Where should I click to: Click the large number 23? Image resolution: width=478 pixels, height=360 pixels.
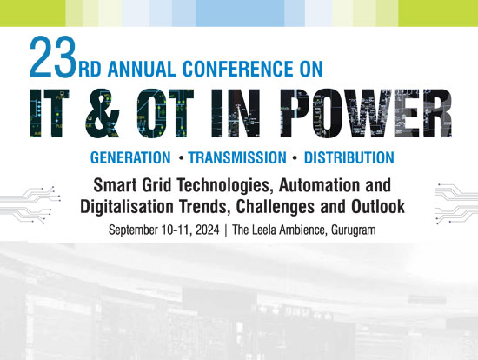[x=53, y=57]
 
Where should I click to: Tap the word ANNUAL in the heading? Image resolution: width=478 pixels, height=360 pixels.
[x=142, y=69]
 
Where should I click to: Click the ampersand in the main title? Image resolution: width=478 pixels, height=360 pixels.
[x=101, y=113]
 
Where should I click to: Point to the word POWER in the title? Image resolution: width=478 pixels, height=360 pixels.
[x=366, y=113]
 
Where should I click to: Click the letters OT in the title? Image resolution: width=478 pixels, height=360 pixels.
[x=165, y=113]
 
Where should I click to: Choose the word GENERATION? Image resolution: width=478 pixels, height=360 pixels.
[x=130, y=157]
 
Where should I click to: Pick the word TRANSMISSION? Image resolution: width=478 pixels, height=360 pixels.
[x=237, y=157]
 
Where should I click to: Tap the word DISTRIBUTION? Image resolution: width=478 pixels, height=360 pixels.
[x=349, y=157]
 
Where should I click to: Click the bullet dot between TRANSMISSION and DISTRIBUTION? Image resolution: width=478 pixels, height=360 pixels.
[x=295, y=158]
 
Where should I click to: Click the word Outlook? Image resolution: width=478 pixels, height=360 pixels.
[x=378, y=207]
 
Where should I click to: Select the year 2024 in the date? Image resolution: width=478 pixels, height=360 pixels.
[x=208, y=230]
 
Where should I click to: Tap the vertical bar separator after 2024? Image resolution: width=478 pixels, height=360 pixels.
[x=226, y=230]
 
